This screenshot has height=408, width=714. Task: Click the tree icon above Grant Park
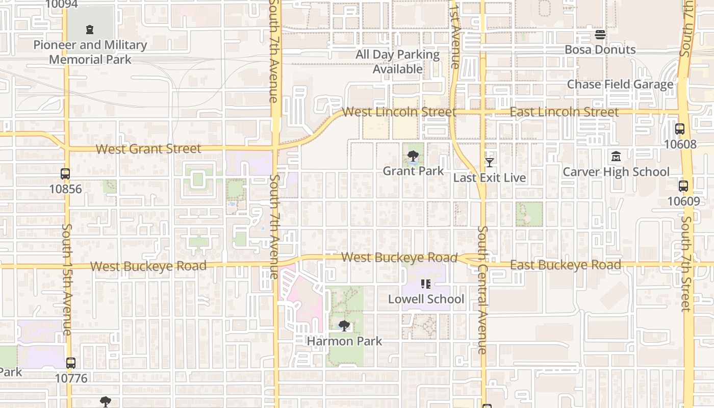coord(413,156)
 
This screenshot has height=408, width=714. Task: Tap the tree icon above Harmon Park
coord(344,325)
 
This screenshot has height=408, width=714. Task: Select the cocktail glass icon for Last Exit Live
coord(490,162)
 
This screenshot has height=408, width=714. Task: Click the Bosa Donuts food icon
coord(600,35)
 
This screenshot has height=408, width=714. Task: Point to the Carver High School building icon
coord(616,156)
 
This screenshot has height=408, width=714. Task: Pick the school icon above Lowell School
coord(426,284)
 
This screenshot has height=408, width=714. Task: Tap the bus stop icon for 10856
coord(65,173)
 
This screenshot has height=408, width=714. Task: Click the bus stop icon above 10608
coord(680,129)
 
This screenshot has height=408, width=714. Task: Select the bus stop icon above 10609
coord(683,186)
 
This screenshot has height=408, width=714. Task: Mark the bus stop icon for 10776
coord(71,363)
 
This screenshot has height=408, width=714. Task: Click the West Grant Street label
coord(148,149)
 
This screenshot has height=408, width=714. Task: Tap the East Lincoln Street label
coord(564,112)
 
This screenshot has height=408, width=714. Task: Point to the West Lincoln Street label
coord(399,112)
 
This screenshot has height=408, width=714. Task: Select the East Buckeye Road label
coord(565,265)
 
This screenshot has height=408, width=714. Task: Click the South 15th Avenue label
coord(67,279)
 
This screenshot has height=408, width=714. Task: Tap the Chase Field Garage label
coord(620,84)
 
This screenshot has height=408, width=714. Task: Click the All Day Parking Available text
coord(398,62)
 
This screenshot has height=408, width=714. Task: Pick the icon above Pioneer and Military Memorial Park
coord(90,30)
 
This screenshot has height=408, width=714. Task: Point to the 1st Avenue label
coord(455,35)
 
